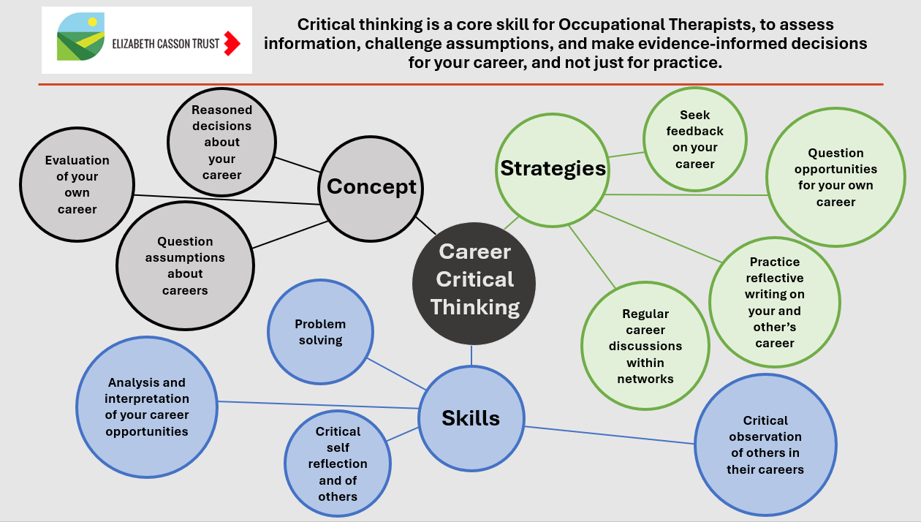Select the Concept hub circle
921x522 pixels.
pyautogui.click(x=371, y=187)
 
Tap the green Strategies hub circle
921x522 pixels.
pyautogui.click(x=553, y=169)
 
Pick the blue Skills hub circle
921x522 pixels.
pyautogui.click(x=471, y=418)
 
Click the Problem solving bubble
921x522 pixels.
pyautogui.click(x=320, y=333)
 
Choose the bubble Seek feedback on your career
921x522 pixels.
pyautogui.click(x=694, y=140)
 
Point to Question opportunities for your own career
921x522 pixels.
pyautogui.click(x=835, y=178)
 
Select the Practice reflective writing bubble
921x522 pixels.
pyautogui.click(x=775, y=302)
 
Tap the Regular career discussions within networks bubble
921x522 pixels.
pyautogui.click(x=645, y=346)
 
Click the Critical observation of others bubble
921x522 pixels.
pyautogui.click(x=765, y=445)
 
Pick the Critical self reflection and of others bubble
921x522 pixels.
pyautogui.click(x=337, y=464)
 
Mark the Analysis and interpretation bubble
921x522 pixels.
pyautogui.click(x=147, y=407)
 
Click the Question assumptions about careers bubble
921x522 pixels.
pyautogui.click(x=185, y=266)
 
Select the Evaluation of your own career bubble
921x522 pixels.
pyautogui.click(x=77, y=185)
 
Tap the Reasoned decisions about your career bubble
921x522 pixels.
pyautogui.click(x=221, y=143)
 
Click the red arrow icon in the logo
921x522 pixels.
pyautogui.click(x=232, y=43)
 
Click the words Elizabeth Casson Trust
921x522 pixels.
pyautogui.click(x=165, y=44)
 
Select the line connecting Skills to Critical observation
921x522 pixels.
pyautogui.click(x=609, y=435)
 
